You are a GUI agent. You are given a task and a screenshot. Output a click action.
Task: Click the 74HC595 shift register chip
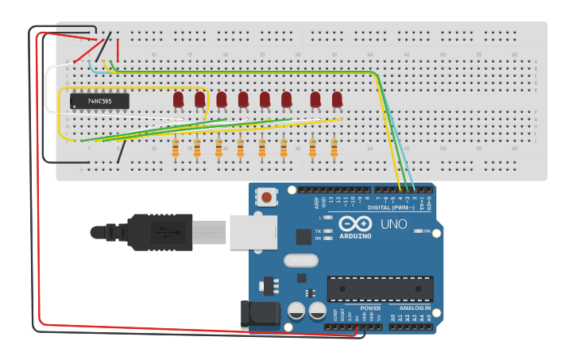click(x=99, y=102)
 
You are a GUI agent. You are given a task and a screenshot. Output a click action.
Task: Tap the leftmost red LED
click(x=178, y=99)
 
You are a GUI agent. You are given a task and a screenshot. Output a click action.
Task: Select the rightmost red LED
click(x=337, y=99)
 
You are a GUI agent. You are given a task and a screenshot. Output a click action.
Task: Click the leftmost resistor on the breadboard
click(x=176, y=148)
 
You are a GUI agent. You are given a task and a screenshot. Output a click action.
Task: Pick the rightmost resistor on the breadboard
click(x=334, y=148)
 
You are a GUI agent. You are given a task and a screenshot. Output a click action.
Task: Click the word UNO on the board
click(x=393, y=224)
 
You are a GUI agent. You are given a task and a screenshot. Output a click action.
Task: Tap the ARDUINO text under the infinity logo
click(x=355, y=236)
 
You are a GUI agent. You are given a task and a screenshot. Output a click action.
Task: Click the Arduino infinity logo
click(x=355, y=223)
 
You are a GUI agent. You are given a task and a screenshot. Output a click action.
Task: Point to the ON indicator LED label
click(x=426, y=231)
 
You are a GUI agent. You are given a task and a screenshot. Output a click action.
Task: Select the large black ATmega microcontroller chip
click(x=380, y=288)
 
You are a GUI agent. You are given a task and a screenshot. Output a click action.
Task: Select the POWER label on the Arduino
click(x=370, y=308)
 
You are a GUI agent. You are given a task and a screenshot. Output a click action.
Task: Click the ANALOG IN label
click(x=414, y=308)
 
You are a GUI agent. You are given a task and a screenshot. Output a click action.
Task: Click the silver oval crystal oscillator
click(x=300, y=260)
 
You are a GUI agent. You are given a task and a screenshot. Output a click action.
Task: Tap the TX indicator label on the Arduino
click(x=319, y=230)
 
